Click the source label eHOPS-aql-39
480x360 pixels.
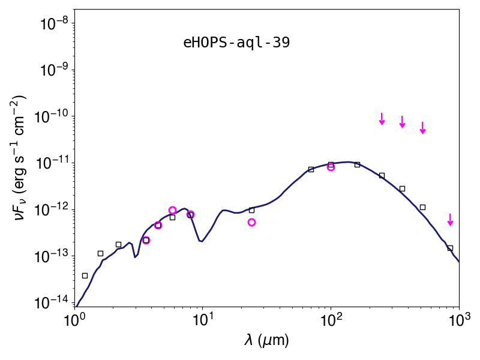[x=236, y=43]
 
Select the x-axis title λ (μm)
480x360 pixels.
[x=266, y=340]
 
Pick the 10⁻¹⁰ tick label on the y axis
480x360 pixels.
[x=53, y=117]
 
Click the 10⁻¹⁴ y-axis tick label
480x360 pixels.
[x=53, y=303]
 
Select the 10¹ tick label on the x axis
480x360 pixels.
[x=202, y=320]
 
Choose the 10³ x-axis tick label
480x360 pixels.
[x=459, y=320]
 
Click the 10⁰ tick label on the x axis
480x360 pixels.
[x=74, y=320]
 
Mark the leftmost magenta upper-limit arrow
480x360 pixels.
[x=382, y=119]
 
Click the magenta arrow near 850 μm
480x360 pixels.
[x=450, y=220]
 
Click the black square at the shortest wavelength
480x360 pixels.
[x=85, y=276]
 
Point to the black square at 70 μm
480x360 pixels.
[x=311, y=169]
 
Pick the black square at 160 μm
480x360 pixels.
[x=357, y=164]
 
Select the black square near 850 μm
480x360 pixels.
[x=450, y=248]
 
